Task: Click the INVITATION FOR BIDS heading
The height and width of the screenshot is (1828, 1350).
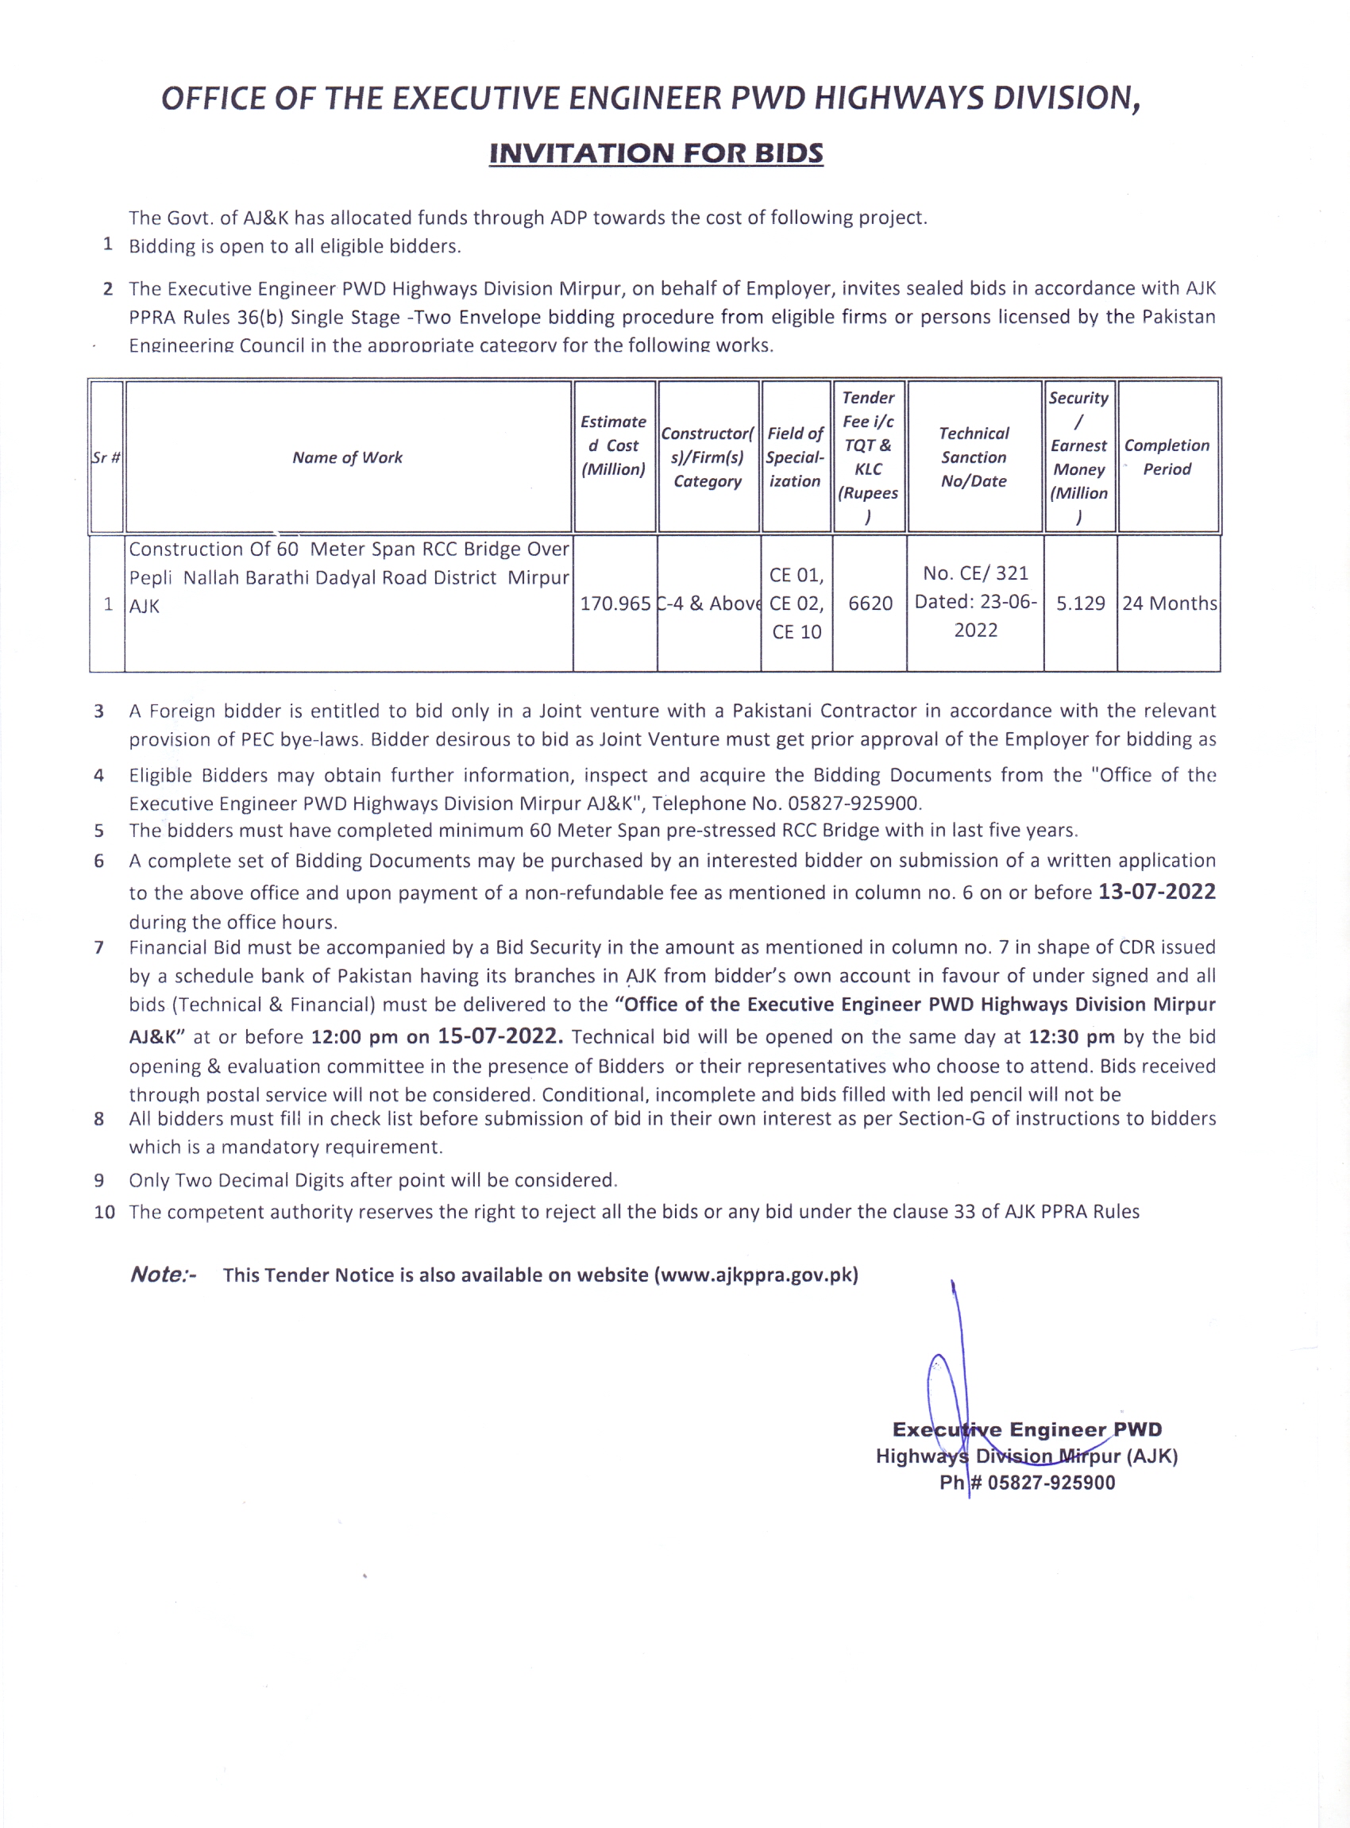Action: click(x=655, y=153)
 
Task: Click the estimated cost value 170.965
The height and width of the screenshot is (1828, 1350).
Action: click(x=615, y=604)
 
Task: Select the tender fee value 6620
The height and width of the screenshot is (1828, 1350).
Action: click(x=870, y=604)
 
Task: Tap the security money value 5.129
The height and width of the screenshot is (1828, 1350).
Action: click(x=1079, y=604)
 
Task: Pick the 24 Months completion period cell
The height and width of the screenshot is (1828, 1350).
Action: click(x=1169, y=604)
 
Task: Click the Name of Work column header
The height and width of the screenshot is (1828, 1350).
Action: click(x=347, y=457)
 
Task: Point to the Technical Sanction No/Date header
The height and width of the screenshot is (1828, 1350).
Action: click(x=974, y=457)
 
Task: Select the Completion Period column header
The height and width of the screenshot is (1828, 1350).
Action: click(x=1166, y=457)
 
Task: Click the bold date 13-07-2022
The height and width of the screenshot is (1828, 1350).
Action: click(x=1156, y=892)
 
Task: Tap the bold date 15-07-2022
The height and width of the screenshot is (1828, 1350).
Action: click(x=500, y=1036)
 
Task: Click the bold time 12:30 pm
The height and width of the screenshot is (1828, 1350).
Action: click(x=1070, y=1037)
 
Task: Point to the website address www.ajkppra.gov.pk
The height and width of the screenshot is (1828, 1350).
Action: click(x=756, y=1275)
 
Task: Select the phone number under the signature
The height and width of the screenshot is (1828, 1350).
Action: click(x=1050, y=1483)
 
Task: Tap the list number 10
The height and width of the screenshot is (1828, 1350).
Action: click(x=104, y=1212)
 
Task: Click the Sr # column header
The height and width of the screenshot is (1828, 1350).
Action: click(x=106, y=457)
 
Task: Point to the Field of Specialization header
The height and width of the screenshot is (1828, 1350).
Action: click(x=795, y=457)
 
